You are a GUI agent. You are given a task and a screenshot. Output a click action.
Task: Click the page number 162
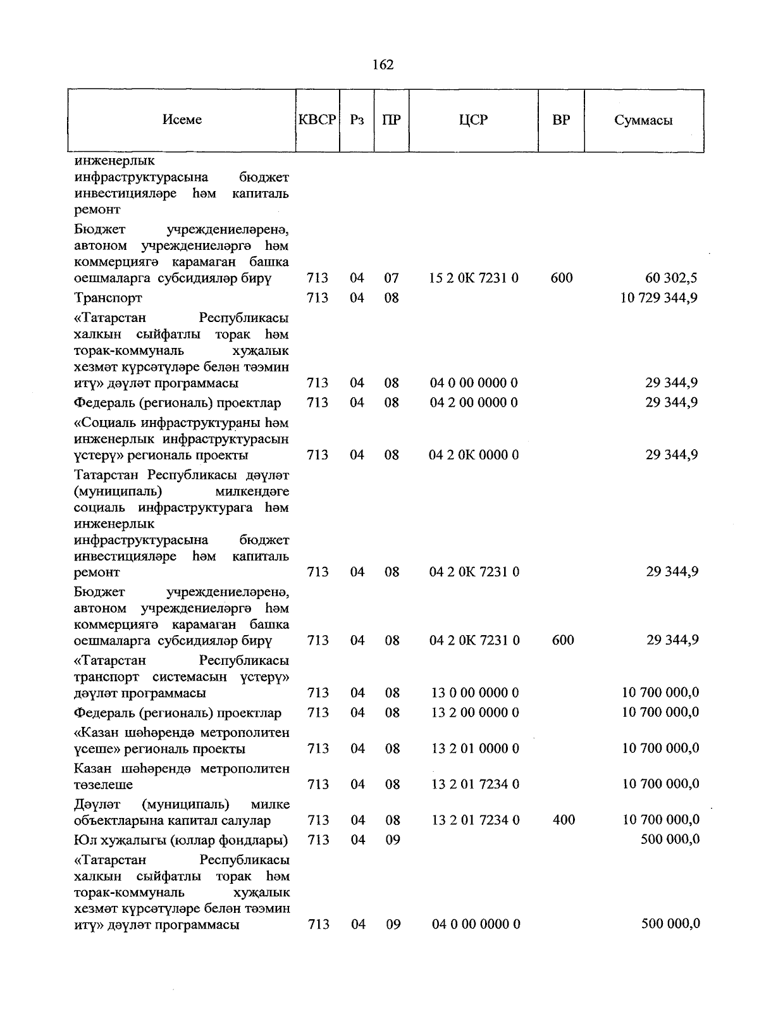(383, 65)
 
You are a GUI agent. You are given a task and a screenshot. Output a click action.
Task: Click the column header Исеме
(182, 120)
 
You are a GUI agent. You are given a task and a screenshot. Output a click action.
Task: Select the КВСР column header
(318, 120)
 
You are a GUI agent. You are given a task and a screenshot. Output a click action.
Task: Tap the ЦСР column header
(474, 120)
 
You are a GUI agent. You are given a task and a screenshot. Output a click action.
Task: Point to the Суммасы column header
(643, 120)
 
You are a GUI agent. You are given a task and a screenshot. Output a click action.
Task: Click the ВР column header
(561, 120)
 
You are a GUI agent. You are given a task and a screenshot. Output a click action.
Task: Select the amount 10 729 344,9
(659, 297)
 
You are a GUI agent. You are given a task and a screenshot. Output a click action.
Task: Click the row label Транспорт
(108, 297)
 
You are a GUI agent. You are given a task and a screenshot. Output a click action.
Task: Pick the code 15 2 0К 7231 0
(474, 278)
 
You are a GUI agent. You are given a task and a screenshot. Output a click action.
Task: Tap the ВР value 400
(564, 820)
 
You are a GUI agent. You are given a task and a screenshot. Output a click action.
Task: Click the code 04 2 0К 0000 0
(474, 455)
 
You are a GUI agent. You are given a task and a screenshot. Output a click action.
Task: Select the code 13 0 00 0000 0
(475, 693)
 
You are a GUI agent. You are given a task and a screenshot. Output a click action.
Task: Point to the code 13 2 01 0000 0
(475, 748)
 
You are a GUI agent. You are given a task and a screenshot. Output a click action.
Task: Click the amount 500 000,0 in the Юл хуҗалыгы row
(670, 839)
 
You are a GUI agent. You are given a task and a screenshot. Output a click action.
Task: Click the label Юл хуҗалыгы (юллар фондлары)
(181, 840)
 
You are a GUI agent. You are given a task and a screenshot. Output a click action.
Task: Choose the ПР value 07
(392, 278)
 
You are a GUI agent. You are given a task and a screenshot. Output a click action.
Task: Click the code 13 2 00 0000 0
(475, 712)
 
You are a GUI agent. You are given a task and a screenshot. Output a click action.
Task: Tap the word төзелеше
(104, 785)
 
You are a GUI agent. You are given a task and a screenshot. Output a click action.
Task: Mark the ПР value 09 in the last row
(393, 924)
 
